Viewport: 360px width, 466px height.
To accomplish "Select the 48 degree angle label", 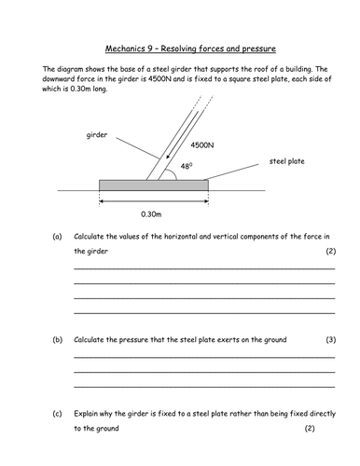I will pyautogui.click(x=187, y=166).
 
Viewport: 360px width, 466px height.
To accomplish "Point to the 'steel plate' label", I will pyautogui.click(x=287, y=160).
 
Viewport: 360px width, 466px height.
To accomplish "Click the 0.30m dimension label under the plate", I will pyautogui.click(x=153, y=212).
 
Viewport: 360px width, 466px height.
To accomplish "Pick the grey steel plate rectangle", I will pyautogui.click(x=154, y=185).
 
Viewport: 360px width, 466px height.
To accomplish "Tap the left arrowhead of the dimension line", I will pyautogui.click(x=103, y=199).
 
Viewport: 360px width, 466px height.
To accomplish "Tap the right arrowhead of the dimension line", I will pyautogui.click(x=204, y=199).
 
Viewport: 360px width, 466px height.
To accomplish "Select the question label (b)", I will pyautogui.click(x=57, y=339).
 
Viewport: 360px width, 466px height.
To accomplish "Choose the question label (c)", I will pyautogui.click(x=57, y=413).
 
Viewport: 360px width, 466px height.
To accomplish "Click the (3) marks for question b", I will pyautogui.click(x=329, y=339).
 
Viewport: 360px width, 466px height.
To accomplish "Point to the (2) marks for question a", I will pyautogui.click(x=329, y=252).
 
